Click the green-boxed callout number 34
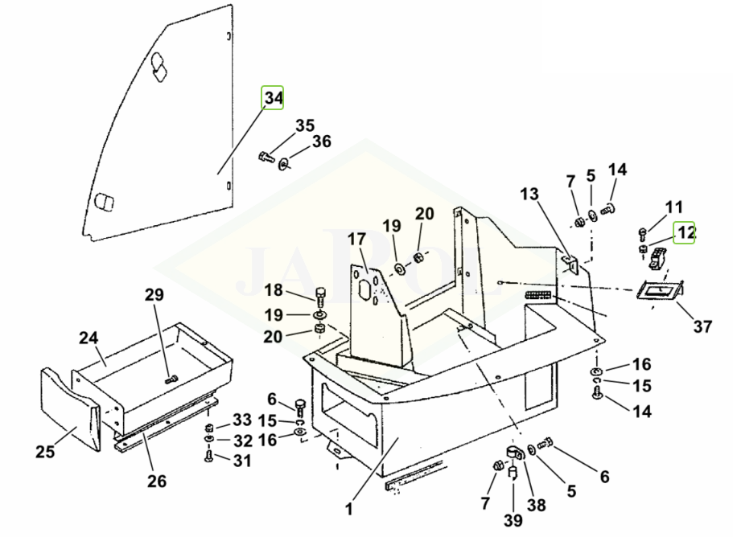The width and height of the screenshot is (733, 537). tap(274, 98)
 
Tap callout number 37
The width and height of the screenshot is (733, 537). tap(702, 326)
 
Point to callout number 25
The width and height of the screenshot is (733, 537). tap(45, 452)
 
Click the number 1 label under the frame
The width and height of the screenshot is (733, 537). tap(349, 508)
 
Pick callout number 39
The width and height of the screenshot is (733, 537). tap(511, 521)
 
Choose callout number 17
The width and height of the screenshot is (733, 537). tap(356, 240)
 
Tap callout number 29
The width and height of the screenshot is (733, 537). tap(154, 294)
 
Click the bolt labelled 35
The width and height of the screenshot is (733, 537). tap(268, 157)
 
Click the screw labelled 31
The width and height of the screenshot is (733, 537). tap(208, 456)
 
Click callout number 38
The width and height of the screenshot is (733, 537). tap(536, 505)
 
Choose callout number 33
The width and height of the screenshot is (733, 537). tap(242, 420)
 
